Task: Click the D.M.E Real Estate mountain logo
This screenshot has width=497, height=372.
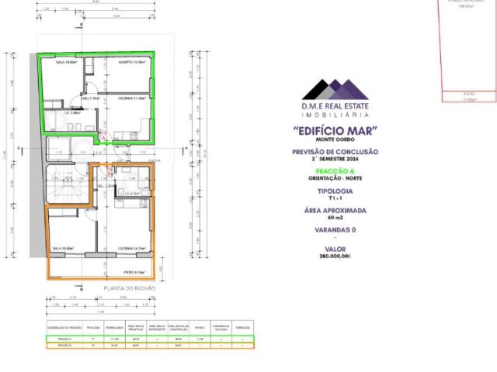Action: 335,90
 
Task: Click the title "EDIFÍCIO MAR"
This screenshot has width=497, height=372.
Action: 335,130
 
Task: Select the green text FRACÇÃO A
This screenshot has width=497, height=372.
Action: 335,171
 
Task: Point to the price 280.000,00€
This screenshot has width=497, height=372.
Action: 335,256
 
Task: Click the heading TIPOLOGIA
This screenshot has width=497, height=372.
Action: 335,191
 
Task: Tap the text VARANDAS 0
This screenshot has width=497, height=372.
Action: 335,230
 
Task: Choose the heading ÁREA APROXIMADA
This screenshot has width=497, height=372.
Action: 335,211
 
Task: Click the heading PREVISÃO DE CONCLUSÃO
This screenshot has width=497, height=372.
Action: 335,152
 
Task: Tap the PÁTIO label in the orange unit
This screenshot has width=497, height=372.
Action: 134,272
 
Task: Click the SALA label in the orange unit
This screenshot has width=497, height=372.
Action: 63,248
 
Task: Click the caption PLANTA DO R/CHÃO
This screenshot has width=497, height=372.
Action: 129,288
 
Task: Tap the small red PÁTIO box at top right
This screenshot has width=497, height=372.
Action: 468,97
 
